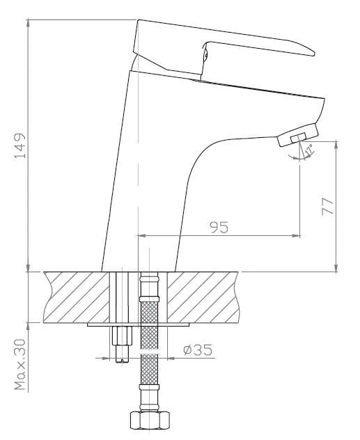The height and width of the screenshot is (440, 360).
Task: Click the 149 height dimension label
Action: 20,146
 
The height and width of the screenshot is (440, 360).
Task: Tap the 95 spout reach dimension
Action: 219,227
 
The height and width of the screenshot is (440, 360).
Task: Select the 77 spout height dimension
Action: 327,206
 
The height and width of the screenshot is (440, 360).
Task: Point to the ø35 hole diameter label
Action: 198,349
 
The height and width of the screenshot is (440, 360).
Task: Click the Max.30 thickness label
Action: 20,365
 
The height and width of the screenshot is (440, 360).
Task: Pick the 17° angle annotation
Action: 308,150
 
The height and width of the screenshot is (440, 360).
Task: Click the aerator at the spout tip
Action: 298,135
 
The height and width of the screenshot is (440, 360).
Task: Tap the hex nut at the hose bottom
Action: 150,420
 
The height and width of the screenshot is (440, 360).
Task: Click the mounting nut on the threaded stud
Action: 122,336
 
